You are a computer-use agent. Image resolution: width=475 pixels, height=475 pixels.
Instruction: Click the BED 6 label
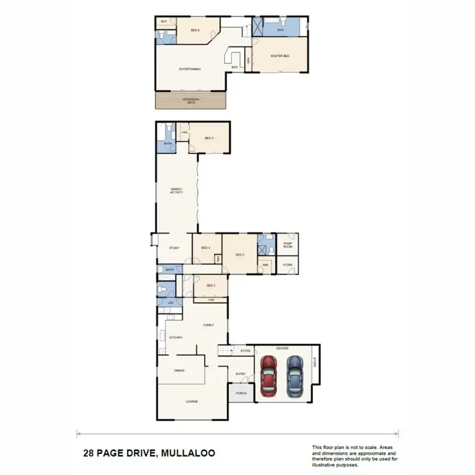[196, 30]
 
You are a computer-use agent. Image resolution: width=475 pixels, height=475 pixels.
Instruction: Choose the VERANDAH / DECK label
[191, 101]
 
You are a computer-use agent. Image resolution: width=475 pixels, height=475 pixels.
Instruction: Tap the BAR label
[234, 67]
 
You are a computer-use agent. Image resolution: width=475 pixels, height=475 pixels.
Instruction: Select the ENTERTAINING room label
[190, 69]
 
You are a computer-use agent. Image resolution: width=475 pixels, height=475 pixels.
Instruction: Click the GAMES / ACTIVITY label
[177, 191]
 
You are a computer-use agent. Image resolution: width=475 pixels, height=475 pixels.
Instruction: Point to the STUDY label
[175, 248]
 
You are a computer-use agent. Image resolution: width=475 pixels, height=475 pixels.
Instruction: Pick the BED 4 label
[206, 248]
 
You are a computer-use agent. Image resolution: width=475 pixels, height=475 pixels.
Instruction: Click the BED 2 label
[239, 255]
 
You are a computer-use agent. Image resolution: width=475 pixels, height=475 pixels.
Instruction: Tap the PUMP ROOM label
[287, 244]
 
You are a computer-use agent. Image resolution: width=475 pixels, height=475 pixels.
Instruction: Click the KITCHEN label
[175, 338]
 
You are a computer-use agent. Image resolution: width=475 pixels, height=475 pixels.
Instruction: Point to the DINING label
[179, 370]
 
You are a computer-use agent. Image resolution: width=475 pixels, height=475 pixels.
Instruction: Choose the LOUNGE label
[192, 402]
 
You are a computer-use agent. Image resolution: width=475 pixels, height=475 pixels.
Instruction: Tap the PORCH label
[241, 393]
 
